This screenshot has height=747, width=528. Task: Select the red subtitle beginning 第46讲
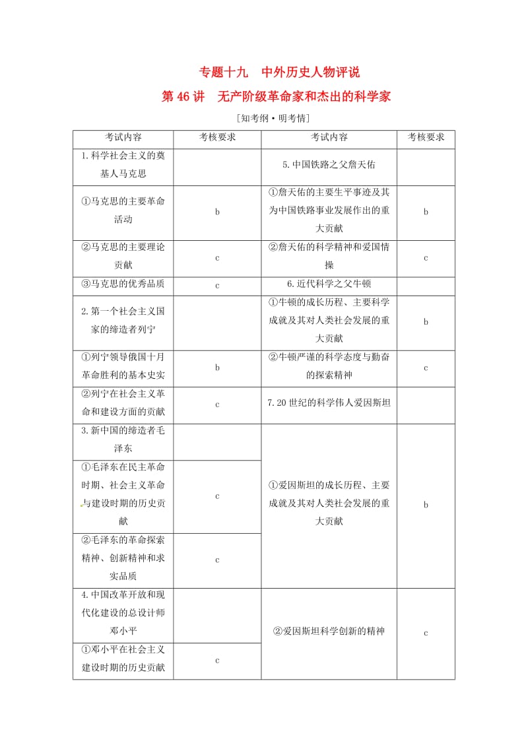[x=277, y=97]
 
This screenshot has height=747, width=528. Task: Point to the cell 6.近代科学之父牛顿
[x=329, y=284]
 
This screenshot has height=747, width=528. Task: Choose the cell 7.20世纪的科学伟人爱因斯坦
[x=329, y=401]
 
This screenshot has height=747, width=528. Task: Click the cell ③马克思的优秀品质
[x=123, y=284]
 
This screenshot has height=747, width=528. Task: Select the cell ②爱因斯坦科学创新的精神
[x=329, y=632]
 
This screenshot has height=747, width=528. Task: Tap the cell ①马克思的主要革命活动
[x=123, y=211]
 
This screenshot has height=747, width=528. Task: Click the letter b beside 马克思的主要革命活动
[x=217, y=212]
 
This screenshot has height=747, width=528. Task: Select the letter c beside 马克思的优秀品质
[x=217, y=285]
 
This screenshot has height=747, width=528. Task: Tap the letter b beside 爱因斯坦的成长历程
[x=426, y=505]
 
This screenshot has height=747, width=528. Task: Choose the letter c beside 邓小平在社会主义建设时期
[x=217, y=660]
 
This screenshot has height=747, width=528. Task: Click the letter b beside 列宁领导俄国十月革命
[x=217, y=368]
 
